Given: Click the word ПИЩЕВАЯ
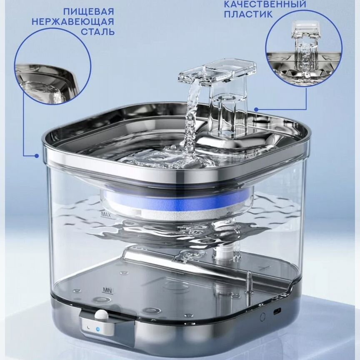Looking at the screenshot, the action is tap(89, 12).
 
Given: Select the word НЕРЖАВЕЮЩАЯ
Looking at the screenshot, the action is tap(73, 22).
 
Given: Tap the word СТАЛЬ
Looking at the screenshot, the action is tap(97, 32).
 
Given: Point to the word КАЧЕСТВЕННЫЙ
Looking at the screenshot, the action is tap(265, 4).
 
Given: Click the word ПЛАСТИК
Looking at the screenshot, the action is tap(248, 14).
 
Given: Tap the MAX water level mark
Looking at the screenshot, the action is tap(106, 215).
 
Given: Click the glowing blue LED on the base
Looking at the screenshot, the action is tap(98, 329).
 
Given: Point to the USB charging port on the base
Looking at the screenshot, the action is tap(276, 311).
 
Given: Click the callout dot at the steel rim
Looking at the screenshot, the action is tap(37, 156).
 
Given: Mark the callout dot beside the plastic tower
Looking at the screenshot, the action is tap(256, 109).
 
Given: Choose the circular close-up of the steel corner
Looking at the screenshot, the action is tap(52, 66).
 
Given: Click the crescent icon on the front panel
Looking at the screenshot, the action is tap(88, 327).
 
